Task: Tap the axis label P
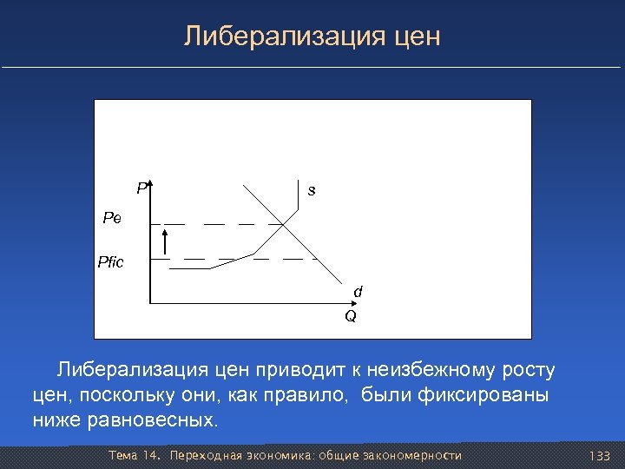point(141,188)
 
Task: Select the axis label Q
point(350,317)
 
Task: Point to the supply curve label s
point(312,190)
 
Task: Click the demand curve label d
point(357,292)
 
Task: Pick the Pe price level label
point(112,219)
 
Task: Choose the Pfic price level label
point(111,261)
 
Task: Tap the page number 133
point(599,456)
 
